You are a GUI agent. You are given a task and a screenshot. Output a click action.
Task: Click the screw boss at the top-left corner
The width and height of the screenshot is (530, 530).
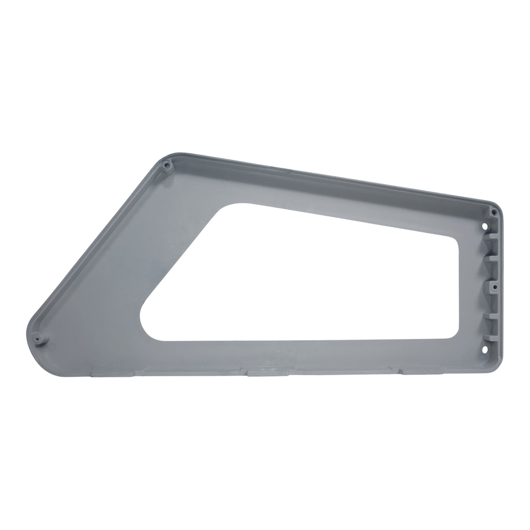pos(166,166)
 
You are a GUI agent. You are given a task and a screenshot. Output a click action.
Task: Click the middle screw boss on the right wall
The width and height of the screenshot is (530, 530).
pos(494,286)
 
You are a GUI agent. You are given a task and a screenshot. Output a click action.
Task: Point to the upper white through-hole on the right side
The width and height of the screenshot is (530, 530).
pos(485,226)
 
